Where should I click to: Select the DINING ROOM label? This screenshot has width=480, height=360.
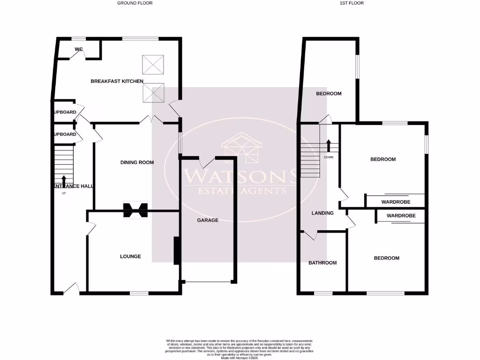point(137,163)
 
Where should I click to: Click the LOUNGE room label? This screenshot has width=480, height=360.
point(130,256)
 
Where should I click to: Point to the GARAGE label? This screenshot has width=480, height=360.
point(207,220)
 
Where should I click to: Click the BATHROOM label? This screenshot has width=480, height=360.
point(322,263)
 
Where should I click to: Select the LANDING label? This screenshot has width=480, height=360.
point(322,213)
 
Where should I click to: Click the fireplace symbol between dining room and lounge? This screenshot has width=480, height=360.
point(135,210)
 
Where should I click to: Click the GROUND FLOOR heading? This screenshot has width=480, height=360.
point(135,3)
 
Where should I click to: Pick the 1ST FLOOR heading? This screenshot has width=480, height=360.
point(352,3)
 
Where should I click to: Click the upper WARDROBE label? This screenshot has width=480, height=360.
point(396,202)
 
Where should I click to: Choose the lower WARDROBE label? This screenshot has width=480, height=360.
point(401,216)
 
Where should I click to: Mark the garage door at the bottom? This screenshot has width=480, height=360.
point(208,282)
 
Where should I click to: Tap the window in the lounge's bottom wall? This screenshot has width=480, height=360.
point(139,293)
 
